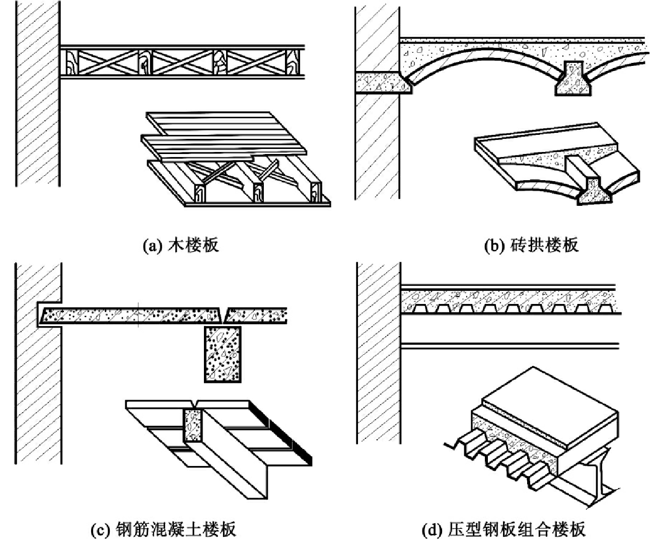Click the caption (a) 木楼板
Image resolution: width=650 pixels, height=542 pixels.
[x=181, y=246]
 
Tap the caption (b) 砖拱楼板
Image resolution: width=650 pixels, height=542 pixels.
[x=531, y=246]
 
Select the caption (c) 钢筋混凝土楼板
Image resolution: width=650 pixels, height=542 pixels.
[x=163, y=529]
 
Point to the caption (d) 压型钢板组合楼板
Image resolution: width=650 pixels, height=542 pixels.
[x=503, y=529]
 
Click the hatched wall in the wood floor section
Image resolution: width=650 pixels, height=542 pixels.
[x=38, y=93]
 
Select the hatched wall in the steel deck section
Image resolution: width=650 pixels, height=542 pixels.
[x=379, y=353]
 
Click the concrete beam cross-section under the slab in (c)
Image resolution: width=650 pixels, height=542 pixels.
[x=223, y=354]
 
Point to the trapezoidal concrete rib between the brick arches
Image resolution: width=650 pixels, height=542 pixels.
[x=573, y=78]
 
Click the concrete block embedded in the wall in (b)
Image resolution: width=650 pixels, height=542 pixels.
[x=384, y=83]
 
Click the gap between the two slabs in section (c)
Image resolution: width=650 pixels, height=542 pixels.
[x=225, y=315]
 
